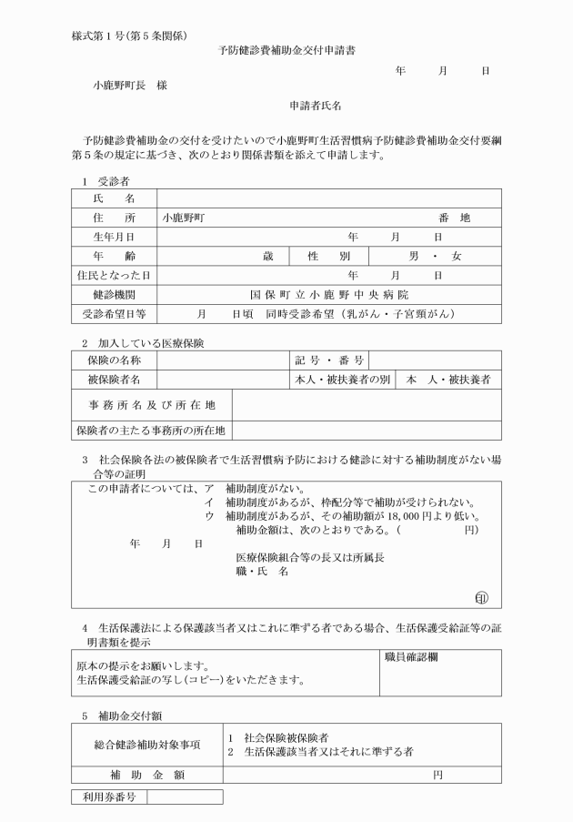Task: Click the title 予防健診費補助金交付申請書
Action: tap(286, 51)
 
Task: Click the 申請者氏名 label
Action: tap(315, 107)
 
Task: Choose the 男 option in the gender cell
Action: tap(415, 256)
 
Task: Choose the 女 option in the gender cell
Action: tap(456, 256)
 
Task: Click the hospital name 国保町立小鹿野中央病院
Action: tap(329, 295)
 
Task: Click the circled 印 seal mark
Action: tap(481, 597)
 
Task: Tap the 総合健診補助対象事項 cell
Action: tap(146, 745)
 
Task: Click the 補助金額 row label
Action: tap(146, 775)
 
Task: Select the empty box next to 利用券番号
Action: tap(185, 797)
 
